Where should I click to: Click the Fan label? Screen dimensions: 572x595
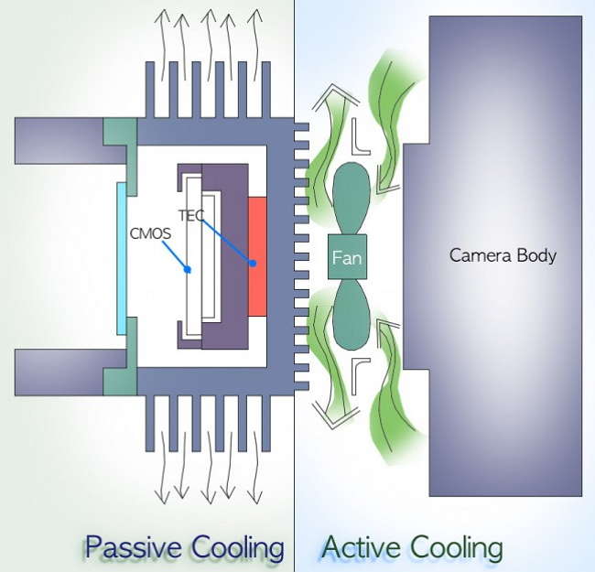347,258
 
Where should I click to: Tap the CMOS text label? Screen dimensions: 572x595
148,232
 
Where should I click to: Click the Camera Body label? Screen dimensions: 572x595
503,255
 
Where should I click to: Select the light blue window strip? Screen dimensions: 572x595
121,258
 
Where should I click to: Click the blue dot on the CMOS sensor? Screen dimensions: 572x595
187,270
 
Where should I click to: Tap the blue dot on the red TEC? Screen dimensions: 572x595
253,264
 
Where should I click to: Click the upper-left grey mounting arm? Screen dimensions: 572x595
59,142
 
